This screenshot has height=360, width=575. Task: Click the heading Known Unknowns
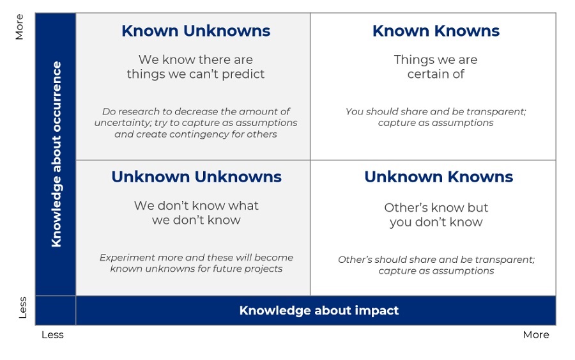tap(196, 31)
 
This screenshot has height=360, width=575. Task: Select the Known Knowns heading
tap(436, 31)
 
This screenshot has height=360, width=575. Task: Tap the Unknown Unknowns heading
tap(197, 177)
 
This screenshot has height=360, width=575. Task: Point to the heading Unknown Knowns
tap(438, 177)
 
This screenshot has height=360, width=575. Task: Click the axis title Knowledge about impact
tap(319, 311)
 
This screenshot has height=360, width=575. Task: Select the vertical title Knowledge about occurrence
tap(56, 154)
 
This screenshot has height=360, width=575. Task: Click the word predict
tap(243, 74)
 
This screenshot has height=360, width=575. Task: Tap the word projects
tap(263, 269)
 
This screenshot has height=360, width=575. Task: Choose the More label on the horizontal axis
tap(536, 334)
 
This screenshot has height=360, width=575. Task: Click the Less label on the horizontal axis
tap(52, 334)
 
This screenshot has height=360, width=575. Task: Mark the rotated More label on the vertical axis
tap(19, 27)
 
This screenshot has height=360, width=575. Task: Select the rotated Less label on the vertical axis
tap(22, 308)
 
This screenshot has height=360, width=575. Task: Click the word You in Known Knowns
tap(355, 111)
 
